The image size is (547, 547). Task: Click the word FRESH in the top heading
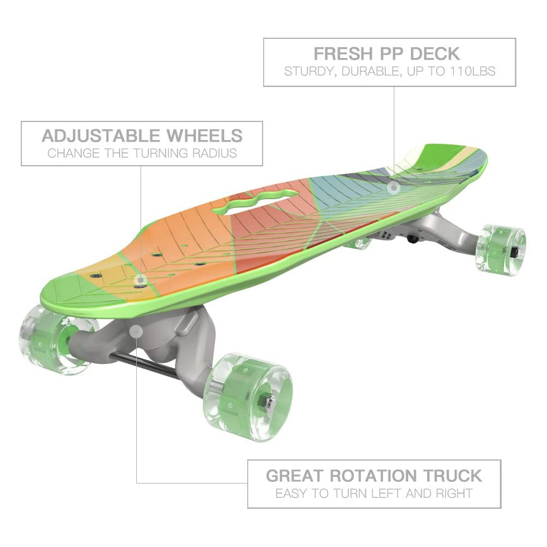click(x=342, y=54)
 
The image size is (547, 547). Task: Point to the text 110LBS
click(x=472, y=72)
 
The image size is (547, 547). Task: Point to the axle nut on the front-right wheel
click(x=269, y=402)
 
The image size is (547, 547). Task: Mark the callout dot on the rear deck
click(x=393, y=188)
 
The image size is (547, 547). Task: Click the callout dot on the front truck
click(x=136, y=331)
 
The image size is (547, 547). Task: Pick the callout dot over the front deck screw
click(x=141, y=280)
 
